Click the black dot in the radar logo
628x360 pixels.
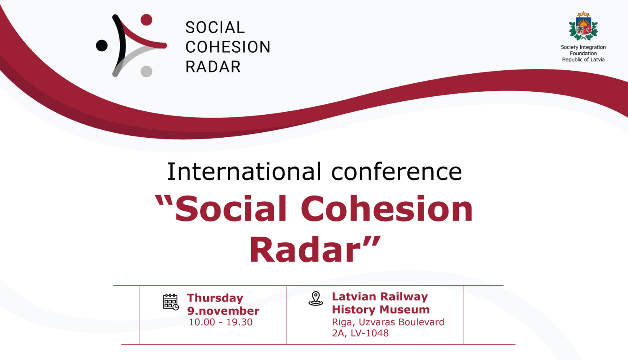pos(102,45)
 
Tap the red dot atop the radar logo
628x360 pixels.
pos(146,20)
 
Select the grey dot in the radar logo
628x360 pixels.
pos(146,71)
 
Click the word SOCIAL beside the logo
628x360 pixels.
pos(215,28)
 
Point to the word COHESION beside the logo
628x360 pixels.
pos(228,47)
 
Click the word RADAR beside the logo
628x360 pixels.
pos(213,67)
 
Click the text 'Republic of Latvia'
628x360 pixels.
pos(583,59)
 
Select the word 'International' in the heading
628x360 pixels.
pos(244,172)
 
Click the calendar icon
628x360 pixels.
pos(170,302)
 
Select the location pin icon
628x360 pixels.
pos(316,298)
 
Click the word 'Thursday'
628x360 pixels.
pos(215,298)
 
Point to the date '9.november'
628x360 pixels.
pos(223,311)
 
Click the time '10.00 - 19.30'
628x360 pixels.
pos(220,322)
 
